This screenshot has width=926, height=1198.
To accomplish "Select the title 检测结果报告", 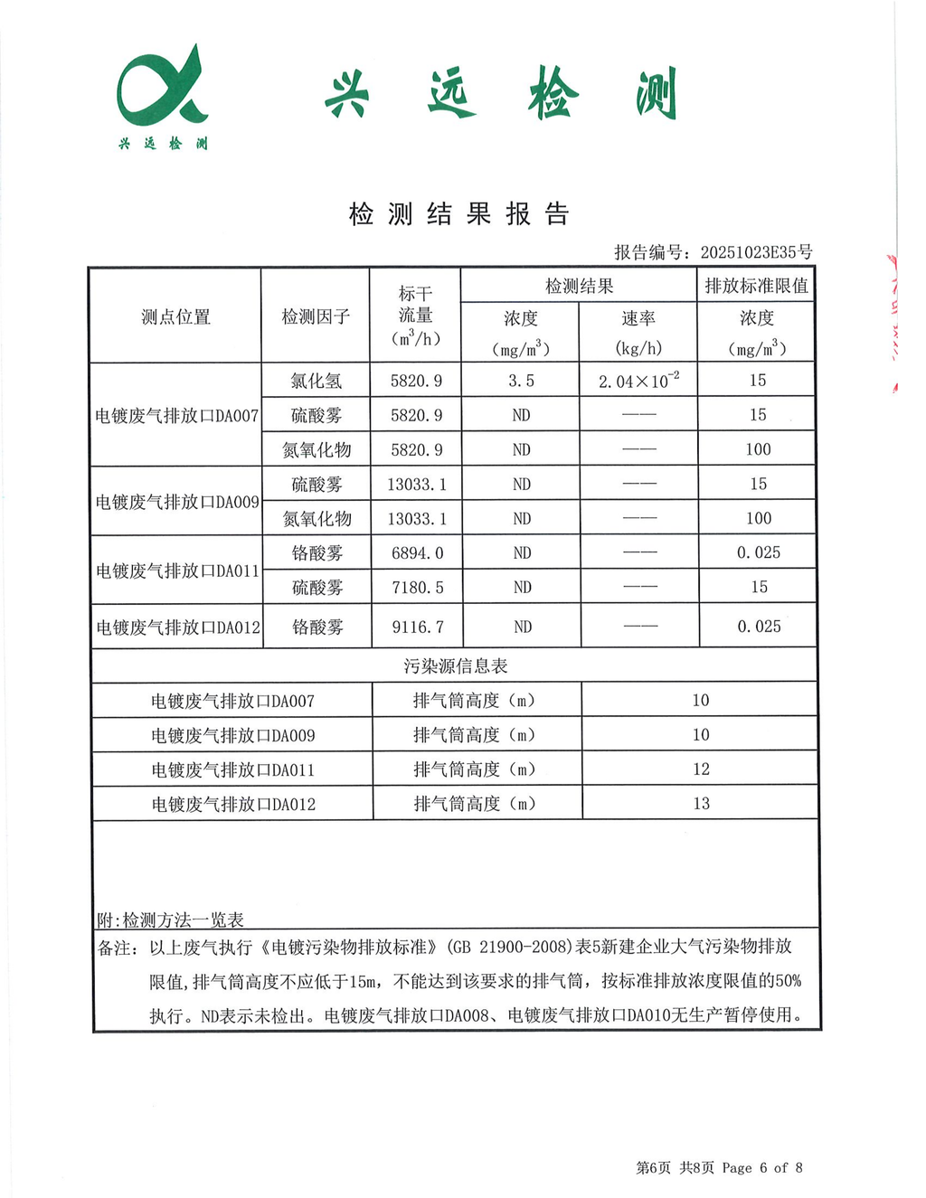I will click(x=458, y=214).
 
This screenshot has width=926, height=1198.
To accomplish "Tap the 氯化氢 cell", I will click(x=317, y=381).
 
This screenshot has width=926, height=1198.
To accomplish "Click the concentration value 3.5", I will click(x=521, y=381).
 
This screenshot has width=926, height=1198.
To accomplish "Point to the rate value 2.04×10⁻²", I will click(x=638, y=381).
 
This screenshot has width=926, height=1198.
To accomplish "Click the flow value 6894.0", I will click(x=417, y=552).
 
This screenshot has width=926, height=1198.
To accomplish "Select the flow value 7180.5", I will click(x=417, y=588).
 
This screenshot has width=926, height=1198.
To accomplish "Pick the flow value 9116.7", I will click(x=417, y=627).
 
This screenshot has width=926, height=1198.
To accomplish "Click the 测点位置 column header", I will click(x=175, y=316).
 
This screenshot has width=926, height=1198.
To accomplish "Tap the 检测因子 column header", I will click(x=316, y=316).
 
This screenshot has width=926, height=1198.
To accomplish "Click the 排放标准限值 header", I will click(x=756, y=286).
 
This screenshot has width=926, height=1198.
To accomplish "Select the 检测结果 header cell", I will click(x=579, y=286).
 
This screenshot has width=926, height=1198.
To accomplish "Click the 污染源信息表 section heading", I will click(x=455, y=665).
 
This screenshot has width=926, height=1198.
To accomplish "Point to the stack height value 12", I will click(x=701, y=769).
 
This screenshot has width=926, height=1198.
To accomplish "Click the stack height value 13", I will click(x=701, y=803).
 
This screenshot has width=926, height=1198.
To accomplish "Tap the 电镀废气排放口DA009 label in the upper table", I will click(x=177, y=502).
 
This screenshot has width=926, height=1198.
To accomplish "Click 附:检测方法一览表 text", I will click(x=170, y=920).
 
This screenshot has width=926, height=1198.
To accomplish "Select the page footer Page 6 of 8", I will click(x=761, y=1167).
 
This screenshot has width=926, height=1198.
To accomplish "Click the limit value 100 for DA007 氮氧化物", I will click(x=758, y=449).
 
